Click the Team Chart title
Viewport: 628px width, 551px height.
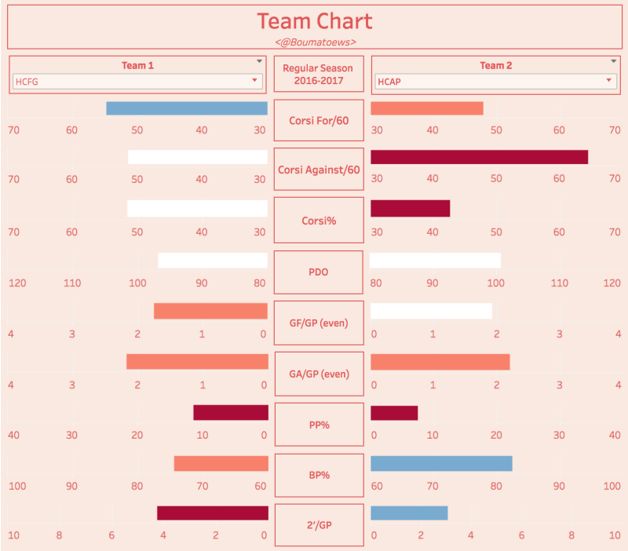(315, 21)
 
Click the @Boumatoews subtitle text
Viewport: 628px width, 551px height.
(315, 42)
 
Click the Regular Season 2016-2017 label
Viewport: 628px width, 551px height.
(318, 74)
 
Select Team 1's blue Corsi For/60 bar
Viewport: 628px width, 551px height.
(187, 108)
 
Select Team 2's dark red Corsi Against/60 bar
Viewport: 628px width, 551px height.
(479, 157)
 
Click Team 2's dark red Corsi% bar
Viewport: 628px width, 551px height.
(410, 208)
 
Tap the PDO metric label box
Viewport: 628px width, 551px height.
(319, 272)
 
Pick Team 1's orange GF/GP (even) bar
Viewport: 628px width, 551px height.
(210, 311)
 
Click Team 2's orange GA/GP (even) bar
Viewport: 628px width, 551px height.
(440, 362)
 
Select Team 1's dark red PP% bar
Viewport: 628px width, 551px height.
(230, 412)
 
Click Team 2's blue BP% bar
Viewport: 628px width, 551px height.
(441, 463)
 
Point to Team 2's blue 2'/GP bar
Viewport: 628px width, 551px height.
(409, 513)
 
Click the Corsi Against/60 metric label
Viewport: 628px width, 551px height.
(319, 170)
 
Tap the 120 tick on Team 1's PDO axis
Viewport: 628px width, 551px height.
(17, 283)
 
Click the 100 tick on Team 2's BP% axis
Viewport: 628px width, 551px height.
(612, 486)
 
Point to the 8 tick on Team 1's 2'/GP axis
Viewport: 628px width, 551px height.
(59, 535)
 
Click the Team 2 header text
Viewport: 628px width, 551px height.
(496, 65)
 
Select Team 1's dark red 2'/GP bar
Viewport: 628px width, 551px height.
(212, 513)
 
